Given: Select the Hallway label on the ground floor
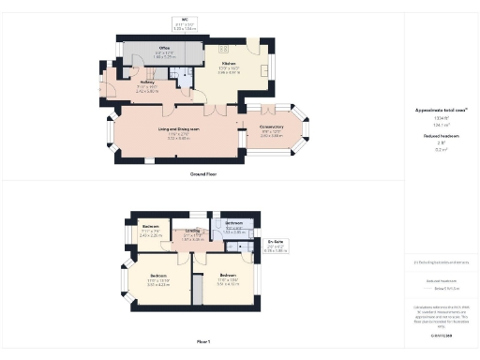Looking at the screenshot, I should click(x=147, y=82).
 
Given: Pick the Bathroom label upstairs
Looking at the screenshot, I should click(x=233, y=222).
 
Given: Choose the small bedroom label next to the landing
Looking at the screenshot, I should click(x=150, y=227).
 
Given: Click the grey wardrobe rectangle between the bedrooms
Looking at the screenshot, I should click(x=197, y=291).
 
